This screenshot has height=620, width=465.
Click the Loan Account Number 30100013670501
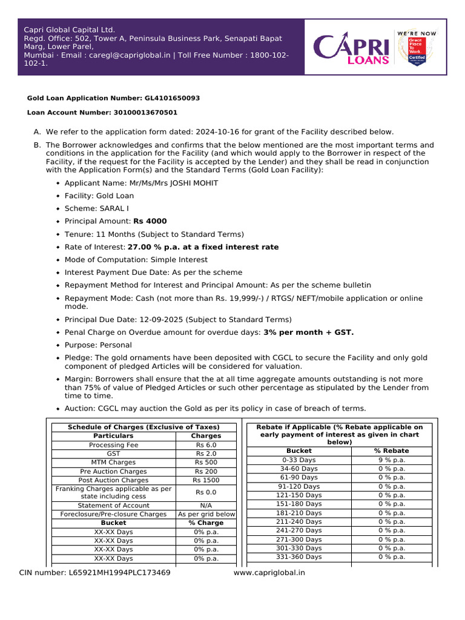pyautogui.click(x=145, y=113)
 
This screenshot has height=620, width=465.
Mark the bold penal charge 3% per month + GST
pyautogui.click(x=308, y=332)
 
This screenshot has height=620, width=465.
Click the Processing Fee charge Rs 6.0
pyautogui.click(x=206, y=445)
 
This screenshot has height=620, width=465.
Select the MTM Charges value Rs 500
pyautogui.click(x=206, y=463)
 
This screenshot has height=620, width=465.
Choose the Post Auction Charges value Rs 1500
pyautogui.click(x=206, y=480)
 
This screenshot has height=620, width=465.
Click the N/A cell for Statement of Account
pyautogui.click(x=206, y=506)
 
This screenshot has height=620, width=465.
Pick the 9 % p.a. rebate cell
pyautogui.click(x=392, y=460)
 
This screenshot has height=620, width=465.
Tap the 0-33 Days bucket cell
pyautogui.click(x=298, y=460)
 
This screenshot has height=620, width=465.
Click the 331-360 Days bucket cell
pyautogui.click(x=298, y=556)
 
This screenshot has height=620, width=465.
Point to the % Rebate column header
pyautogui.click(x=392, y=450)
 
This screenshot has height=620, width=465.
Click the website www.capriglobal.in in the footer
pyautogui.click(x=269, y=572)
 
